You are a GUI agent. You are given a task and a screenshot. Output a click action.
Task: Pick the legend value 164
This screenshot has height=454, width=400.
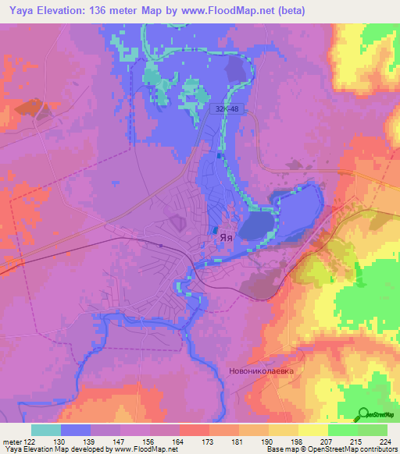178,442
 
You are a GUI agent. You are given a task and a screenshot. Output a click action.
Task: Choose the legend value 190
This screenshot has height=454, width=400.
267,442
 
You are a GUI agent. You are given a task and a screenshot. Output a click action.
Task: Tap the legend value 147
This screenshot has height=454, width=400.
119,442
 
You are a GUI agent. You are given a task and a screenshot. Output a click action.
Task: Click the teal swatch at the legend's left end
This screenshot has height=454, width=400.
46,430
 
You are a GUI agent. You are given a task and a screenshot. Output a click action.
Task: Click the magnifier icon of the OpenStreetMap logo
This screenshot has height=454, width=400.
362,415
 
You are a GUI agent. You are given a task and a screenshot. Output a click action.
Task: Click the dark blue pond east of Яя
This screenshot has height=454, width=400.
255,227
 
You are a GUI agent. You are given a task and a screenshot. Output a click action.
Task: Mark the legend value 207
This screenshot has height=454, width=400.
327,442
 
